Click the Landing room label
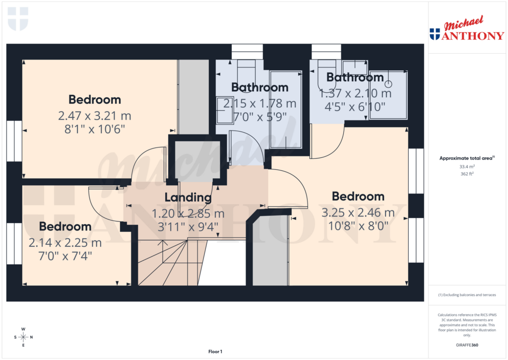point(188,197)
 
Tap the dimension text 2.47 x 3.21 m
point(94,116)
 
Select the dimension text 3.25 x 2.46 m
point(358,213)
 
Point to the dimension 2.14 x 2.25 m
point(65,243)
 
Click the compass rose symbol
point(23,337)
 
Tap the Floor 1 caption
point(215,352)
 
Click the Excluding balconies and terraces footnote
point(467,295)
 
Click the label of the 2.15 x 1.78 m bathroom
point(259,87)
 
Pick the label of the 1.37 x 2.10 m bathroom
point(355,77)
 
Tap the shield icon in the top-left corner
point(18,19)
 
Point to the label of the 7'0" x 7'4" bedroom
point(65,226)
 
